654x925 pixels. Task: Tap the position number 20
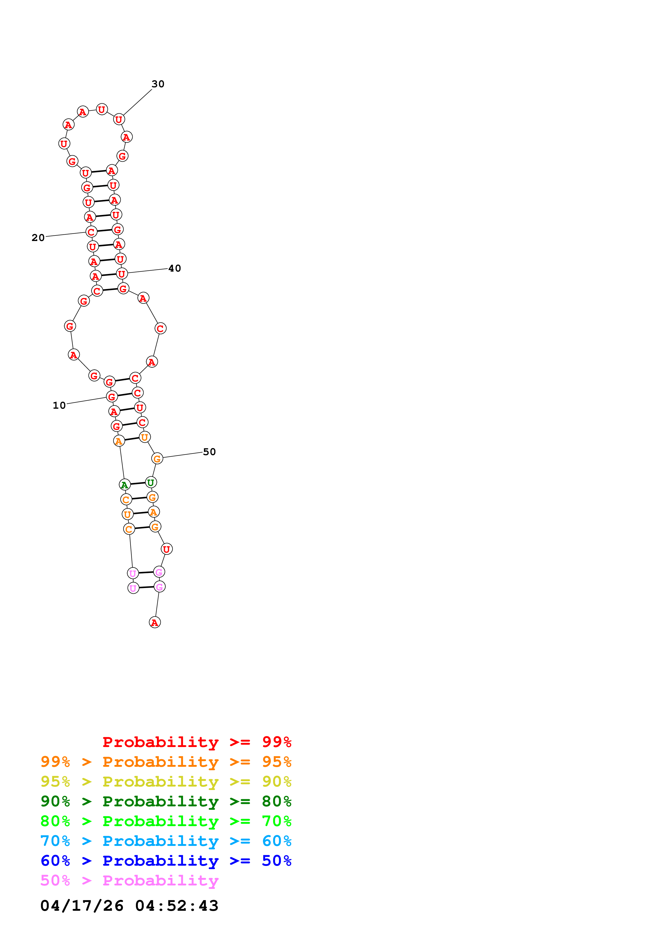(x=38, y=238)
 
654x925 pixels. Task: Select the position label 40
(x=174, y=268)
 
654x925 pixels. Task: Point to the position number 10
(x=59, y=405)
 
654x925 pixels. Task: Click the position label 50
(x=209, y=452)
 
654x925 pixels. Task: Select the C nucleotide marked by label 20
(x=92, y=232)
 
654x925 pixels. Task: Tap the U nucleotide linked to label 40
(x=122, y=274)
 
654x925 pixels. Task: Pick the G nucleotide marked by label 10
(x=112, y=397)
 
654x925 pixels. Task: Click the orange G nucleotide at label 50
(x=157, y=459)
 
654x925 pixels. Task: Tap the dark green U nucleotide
(x=151, y=482)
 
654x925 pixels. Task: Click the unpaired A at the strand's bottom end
(x=155, y=623)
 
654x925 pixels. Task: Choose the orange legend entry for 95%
(x=166, y=762)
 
